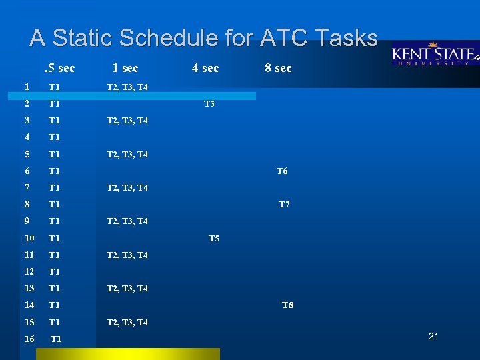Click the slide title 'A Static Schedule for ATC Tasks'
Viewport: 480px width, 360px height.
pyautogui.click(x=203, y=38)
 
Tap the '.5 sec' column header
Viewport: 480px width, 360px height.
pyautogui.click(x=59, y=68)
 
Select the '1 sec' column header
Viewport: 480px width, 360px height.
pyautogui.click(x=125, y=68)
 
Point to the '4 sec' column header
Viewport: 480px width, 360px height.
pyautogui.click(x=205, y=68)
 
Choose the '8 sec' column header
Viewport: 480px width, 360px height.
pyautogui.click(x=278, y=68)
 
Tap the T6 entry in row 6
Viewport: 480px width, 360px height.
pyautogui.click(x=282, y=171)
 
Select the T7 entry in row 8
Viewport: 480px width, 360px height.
pyautogui.click(x=284, y=205)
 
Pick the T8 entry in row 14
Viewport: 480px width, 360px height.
pyautogui.click(x=288, y=305)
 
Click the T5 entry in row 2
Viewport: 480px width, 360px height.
pyautogui.click(x=209, y=104)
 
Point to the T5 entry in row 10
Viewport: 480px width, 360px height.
pyautogui.click(x=214, y=238)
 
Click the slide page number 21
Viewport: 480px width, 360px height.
pyautogui.click(x=433, y=336)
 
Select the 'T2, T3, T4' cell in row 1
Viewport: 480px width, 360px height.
pyautogui.click(x=127, y=87)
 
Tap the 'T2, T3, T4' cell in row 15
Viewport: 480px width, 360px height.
pyautogui.click(x=127, y=323)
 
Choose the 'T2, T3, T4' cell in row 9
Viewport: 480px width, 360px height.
pyautogui.click(x=127, y=221)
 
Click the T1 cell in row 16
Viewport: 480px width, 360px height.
pyautogui.click(x=56, y=339)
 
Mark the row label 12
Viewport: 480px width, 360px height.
pyautogui.click(x=29, y=271)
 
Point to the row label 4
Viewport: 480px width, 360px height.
pyautogui.click(x=27, y=137)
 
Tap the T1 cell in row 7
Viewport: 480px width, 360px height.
pyautogui.click(x=55, y=188)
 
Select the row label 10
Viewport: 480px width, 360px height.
pyautogui.click(x=29, y=238)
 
